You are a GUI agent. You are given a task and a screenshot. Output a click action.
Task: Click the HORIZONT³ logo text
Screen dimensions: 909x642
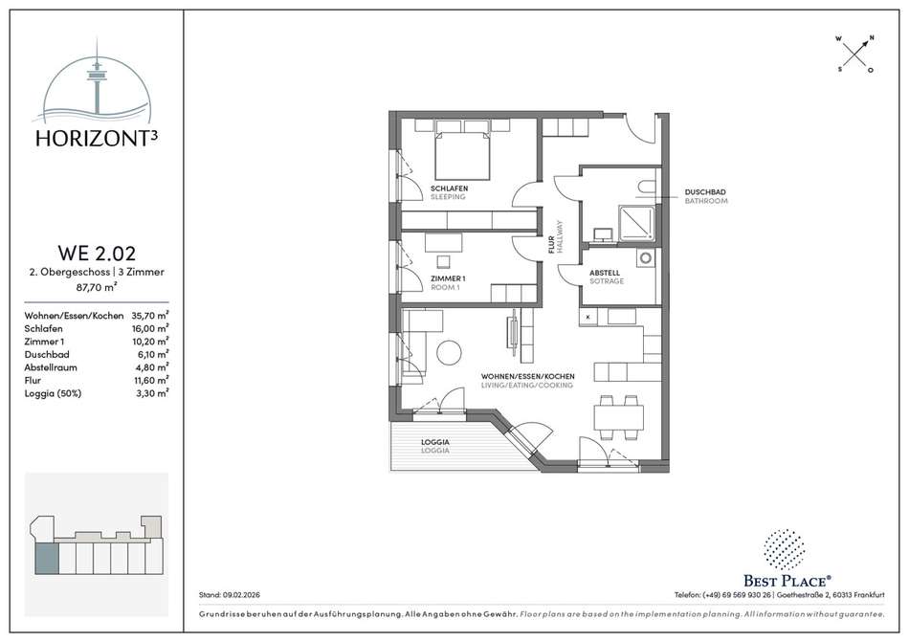[97, 138]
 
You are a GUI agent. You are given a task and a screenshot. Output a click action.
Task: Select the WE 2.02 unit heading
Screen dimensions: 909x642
[97, 254]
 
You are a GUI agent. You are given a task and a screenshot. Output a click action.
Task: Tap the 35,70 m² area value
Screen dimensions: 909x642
[150, 316]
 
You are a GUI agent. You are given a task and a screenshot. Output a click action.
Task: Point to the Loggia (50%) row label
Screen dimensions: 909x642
[53, 393]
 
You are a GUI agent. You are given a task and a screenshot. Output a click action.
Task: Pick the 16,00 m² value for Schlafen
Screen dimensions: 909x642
[150, 328]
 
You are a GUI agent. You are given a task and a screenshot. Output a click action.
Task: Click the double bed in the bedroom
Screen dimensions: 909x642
[462, 155]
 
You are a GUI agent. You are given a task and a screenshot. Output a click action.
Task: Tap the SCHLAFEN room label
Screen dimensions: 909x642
[449, 188]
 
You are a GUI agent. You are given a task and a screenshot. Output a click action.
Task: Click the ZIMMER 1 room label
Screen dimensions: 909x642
[448, 278]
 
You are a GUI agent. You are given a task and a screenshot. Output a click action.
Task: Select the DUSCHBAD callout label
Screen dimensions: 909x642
[705, 191]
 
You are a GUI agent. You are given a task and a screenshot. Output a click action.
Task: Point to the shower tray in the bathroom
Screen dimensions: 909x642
[637, 223]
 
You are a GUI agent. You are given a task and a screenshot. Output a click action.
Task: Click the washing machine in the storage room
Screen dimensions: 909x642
[646, 257]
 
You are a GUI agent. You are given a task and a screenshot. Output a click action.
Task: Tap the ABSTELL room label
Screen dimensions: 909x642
[605, 273]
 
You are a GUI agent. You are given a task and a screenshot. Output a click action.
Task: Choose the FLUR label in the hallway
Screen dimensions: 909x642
[551, 245]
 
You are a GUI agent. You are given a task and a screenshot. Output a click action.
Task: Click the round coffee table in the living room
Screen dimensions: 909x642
[449, 352]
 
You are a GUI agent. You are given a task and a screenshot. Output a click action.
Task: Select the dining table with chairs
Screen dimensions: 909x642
[618, 417]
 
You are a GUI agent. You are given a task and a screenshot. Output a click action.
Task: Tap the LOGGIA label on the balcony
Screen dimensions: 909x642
[434, 442]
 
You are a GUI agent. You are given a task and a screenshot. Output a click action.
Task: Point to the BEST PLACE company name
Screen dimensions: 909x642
[787, 581]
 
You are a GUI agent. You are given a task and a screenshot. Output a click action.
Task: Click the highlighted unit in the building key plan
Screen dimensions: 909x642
[47, 559]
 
